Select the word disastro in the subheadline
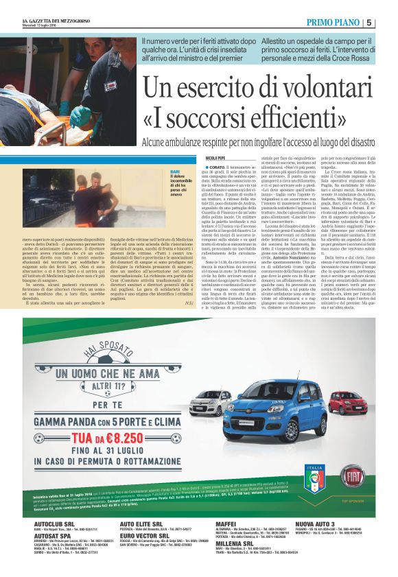tap(355, 142)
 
